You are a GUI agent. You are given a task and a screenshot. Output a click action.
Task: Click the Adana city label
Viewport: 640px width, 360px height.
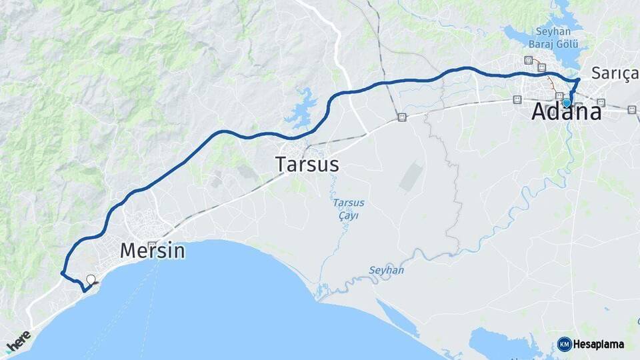pyautogui.click(x=566, y=112)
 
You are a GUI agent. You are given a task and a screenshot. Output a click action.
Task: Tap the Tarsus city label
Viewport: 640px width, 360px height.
pyautogui.click(x=307, y=164)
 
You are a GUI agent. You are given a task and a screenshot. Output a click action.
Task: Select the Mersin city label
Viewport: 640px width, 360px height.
pyautogui.click(x=152, y=251)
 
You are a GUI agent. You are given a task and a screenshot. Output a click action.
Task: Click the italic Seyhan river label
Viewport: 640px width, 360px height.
pyautogui.click(x=386, y=270)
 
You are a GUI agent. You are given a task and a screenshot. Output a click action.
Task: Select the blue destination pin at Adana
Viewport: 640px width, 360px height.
pyautogui.click(x=567, y=103)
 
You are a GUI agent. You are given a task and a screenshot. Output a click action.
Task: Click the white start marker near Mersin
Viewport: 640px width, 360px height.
pyautogui.click(x=91, y=280)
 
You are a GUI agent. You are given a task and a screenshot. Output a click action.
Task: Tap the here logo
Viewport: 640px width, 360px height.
pyautogui.click(x=18, y=341)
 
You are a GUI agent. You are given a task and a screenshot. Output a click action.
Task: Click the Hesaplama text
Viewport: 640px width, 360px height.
pyautogui.click(x=599, y=345)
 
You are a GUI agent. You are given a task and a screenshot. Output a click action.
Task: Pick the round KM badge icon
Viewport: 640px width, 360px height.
pyautogui.click(x=564, y=345)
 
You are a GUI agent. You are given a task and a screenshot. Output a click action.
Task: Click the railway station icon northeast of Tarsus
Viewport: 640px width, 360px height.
pyautogui.click(x=401, y=117)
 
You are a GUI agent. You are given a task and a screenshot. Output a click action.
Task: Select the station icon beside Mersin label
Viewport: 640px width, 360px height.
pyautogui.click(x=153, y=245)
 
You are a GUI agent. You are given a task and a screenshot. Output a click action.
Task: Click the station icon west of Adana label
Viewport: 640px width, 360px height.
pyautogui.click(x=517, y=99)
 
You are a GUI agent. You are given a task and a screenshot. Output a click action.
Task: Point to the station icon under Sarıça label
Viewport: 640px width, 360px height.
pyautogui.click(x=601, y=103)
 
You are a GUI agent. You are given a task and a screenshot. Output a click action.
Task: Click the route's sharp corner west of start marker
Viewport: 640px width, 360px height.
pyautogui.click(x=61, y=273)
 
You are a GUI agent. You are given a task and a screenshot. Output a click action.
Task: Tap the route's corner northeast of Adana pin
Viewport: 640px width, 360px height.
pyautogui.click(x=578, y=80)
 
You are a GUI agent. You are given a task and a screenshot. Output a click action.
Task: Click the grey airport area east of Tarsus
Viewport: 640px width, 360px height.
pyautogui.click(x=411, y=175)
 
